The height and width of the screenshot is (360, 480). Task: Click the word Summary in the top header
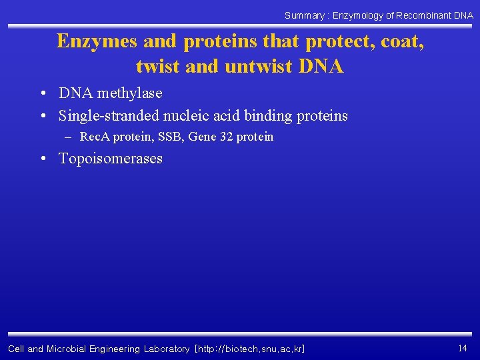[304, 15]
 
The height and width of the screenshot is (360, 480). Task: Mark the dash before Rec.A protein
[67, 137]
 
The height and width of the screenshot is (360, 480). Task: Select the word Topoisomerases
[111, 159]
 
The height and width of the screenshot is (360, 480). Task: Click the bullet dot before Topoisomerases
[43, 159]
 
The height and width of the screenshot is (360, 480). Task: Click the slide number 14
[463, 348]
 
